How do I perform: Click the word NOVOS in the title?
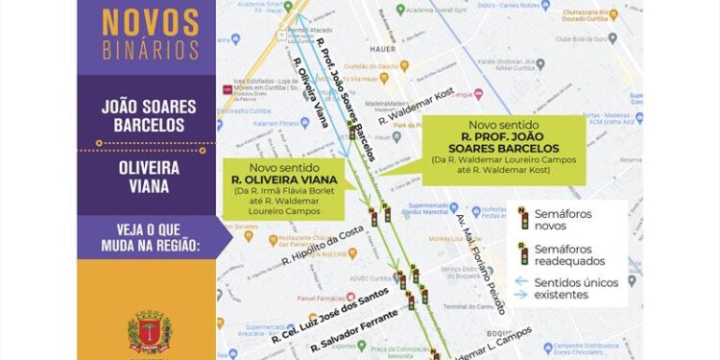point(151,22)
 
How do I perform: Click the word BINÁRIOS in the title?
point(151,50)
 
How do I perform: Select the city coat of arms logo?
point(150,332)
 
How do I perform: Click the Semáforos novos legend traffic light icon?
point(523,216)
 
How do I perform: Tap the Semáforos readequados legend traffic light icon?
point(524,254)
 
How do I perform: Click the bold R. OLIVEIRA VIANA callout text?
point(283,179)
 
